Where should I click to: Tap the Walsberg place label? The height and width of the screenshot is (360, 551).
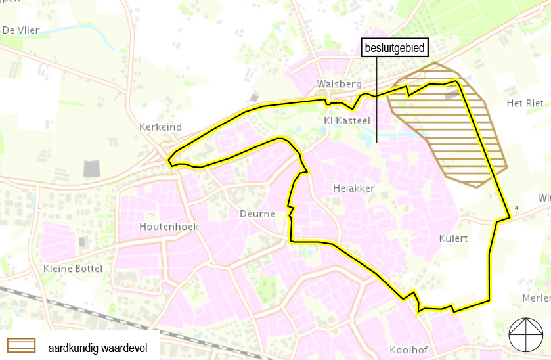[x=339, y=84]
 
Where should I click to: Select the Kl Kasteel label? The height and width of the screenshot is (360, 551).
[x=347, y=121]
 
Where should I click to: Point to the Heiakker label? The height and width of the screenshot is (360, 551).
[x=353, y=189]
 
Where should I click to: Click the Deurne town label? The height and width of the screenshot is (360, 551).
[x=257, y=214]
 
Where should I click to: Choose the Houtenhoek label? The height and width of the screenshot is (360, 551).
[x=169, y=227]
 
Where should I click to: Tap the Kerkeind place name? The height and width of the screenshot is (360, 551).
[x=161, y=127]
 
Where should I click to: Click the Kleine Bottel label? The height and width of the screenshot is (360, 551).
[x=73, y=269]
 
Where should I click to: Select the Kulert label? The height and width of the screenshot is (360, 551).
[x=453, y=238]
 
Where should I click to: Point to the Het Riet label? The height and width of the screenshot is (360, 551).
[x=525, y=104]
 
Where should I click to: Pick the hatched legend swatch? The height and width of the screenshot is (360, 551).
[x=22, y=346]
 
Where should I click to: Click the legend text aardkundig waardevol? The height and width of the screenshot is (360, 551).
[x=97, y=348]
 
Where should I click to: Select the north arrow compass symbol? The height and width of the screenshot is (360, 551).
[x=526, y=335]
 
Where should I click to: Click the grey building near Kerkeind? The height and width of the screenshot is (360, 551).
[x=92, y=169]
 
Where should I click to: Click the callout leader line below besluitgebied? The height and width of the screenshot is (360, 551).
[x=376, y=99]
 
